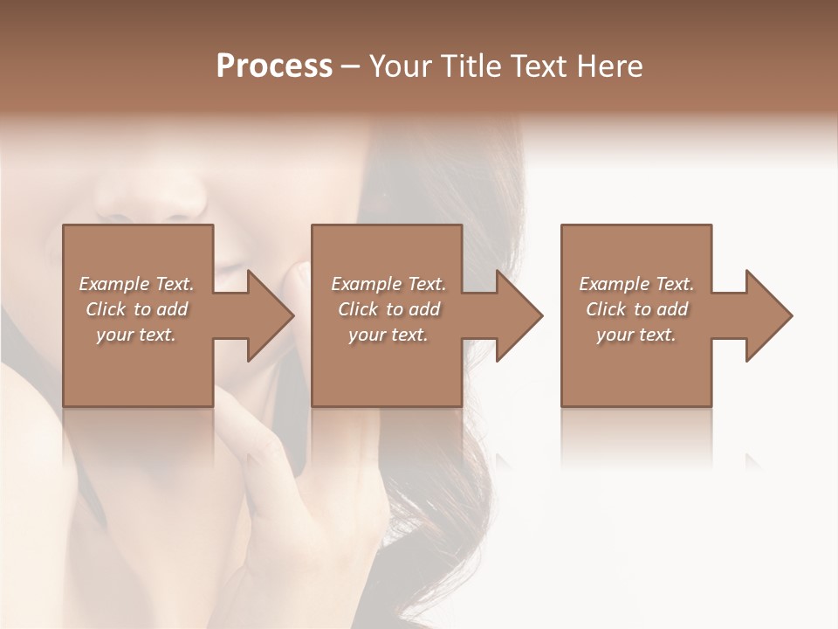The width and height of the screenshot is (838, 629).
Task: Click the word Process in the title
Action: [x=274, y=66]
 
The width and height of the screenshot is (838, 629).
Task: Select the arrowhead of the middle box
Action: [x=518, y=315]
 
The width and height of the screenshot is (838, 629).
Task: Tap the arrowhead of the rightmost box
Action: [x=767, y=315]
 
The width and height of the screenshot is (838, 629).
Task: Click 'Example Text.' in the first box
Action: [x=136, y=284]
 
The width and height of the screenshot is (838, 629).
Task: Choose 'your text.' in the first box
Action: [x=136, y=335]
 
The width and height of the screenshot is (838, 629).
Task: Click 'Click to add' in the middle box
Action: [x=388, y=309]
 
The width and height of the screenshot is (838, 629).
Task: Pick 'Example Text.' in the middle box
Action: [x=388, y=284]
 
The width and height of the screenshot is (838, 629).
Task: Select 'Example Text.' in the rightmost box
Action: [x=636, y=284]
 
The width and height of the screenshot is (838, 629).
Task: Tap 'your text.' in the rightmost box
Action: [x=636, y=335]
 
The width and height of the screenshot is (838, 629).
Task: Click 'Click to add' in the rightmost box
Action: [x=636, y=309]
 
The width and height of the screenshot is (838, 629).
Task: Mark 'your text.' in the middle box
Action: [x=388, y=335]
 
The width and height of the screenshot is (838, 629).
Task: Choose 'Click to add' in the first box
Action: [x=136, y=309]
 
